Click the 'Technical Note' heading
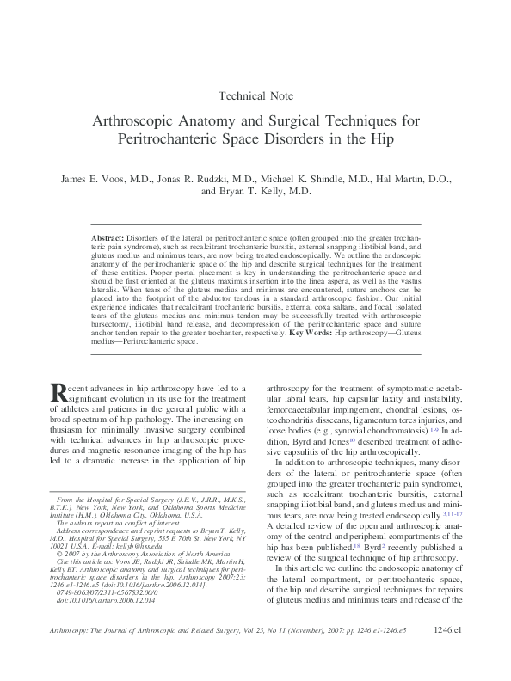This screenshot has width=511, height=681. pos(256,95)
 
